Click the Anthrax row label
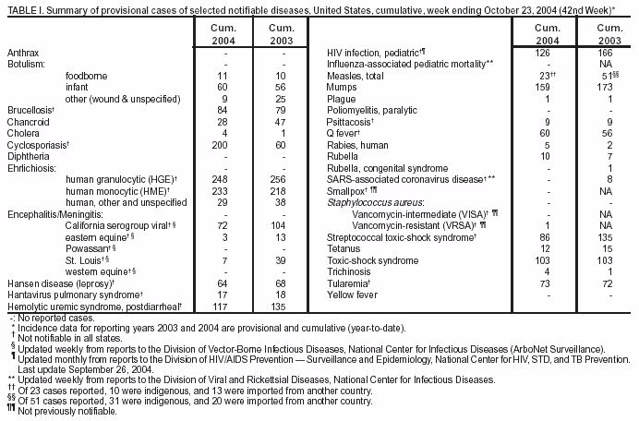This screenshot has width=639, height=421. (23, 56)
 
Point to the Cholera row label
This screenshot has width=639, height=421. (23, 134)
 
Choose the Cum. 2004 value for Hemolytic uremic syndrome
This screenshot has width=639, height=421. (219, 307)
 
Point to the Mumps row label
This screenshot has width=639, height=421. (344, 90)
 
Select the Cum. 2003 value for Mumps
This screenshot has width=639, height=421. (607, 90)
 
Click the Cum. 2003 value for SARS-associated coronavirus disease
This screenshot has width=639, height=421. (607, 178)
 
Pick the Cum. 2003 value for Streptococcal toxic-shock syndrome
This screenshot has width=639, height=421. (607, 237)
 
